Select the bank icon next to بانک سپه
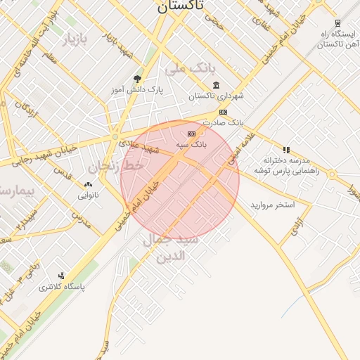[x=191, y=133]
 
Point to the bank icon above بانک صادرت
[x=223, y=112]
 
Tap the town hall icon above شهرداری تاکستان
[x=215, y=86]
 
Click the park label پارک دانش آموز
[x=136, y=91]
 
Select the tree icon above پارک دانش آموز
[x=136, y=79]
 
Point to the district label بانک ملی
[x=188, y=69]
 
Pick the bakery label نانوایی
[x=88, y=194]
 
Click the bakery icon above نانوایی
[x=88, y=184]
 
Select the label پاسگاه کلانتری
[x=61, y=287]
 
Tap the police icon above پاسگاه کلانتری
[x=61, y=276]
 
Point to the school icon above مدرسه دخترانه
[x=286, y=150]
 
